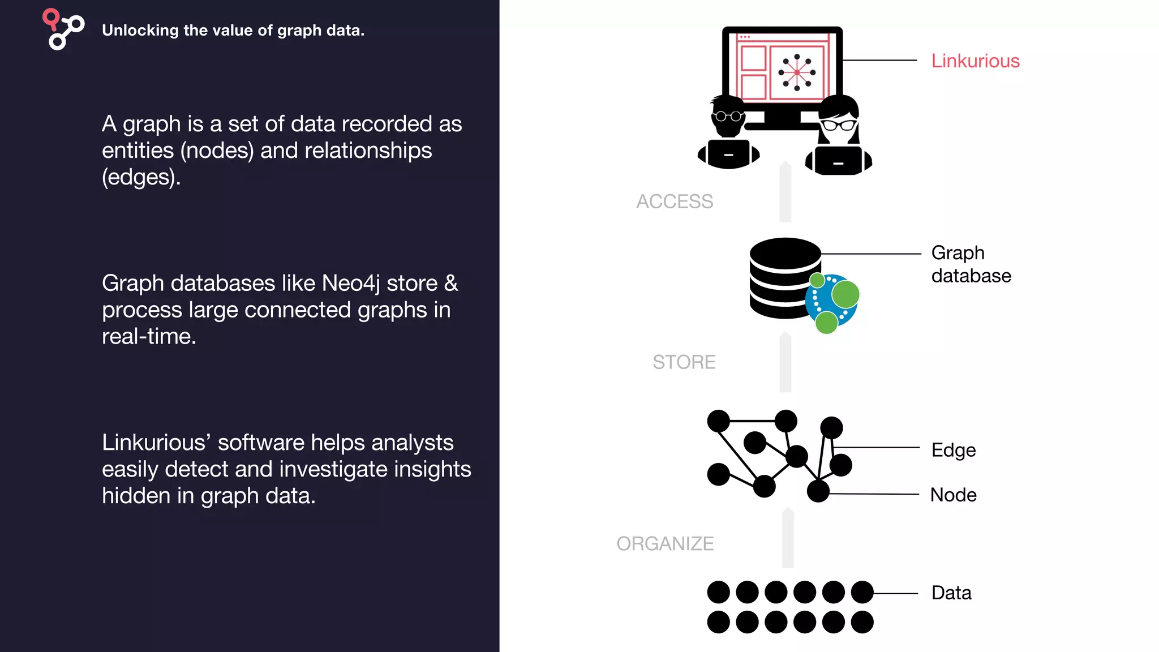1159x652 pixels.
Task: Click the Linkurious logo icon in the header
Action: point(63,29)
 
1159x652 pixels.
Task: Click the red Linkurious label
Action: point(975,61)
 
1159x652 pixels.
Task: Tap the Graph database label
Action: point(971,264)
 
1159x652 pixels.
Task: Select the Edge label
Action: point(954,450)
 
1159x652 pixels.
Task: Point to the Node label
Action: point(954,495)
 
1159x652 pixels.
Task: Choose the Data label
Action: point(951,593)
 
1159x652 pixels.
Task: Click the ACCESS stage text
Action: point(675,201)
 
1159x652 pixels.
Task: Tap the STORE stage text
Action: point(684,362)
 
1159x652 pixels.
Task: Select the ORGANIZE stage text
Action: point(665,543)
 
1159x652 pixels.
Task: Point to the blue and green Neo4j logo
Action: point(832,303)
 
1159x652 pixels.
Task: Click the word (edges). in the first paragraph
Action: point(141,177)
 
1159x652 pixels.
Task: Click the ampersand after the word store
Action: point(451,283)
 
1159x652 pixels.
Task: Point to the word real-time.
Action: point(149,336)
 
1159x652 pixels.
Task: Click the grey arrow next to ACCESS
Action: point(785,192)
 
